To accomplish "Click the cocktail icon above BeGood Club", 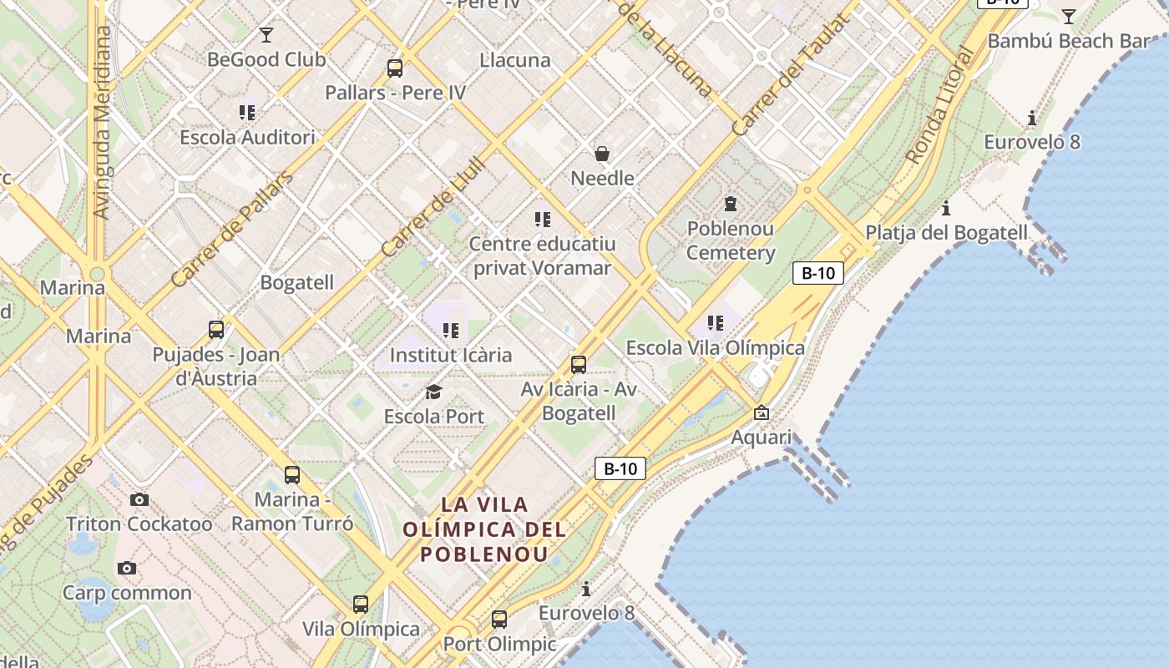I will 266,35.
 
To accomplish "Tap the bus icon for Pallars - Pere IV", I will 395,68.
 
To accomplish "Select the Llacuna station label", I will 515,60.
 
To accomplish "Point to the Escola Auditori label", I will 248,137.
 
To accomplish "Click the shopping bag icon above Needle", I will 601,154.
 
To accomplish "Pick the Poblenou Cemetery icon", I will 731,204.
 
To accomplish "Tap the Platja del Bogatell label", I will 946,232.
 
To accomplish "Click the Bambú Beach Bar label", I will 1068,41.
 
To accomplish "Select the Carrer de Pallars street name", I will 232,230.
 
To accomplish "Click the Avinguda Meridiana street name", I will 102,123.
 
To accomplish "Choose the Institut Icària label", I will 451,355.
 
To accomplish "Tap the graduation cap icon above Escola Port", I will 433,392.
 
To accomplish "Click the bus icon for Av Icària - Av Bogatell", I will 578,365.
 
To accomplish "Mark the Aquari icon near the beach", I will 762,412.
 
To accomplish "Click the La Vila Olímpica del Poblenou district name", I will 484,529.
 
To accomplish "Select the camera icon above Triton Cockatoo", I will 139,500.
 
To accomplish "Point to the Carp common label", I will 127,593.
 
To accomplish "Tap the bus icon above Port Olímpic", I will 499,620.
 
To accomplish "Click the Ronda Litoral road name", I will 940,104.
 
